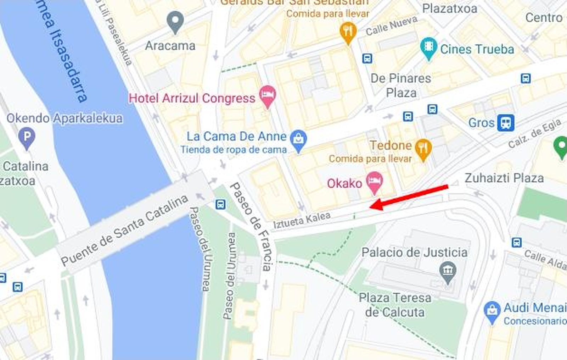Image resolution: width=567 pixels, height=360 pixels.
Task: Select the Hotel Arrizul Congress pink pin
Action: (268, 96)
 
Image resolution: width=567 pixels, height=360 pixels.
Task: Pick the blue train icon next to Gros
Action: (505, 123)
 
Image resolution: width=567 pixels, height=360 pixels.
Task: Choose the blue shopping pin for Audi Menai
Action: (492, 311)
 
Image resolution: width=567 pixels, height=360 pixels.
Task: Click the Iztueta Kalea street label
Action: (302, 220)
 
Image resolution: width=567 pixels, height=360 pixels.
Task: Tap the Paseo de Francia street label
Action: (251, 227)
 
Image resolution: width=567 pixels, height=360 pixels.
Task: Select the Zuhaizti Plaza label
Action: (504, 178)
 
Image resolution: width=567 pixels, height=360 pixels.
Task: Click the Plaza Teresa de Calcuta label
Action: (395, 305)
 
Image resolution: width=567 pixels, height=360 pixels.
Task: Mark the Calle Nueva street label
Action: (391, 26)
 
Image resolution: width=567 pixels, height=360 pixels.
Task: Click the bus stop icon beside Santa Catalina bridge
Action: (220, 204)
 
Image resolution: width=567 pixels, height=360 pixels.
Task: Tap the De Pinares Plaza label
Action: (401, 85)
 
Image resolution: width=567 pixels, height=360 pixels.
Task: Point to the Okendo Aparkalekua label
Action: (64, 118)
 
